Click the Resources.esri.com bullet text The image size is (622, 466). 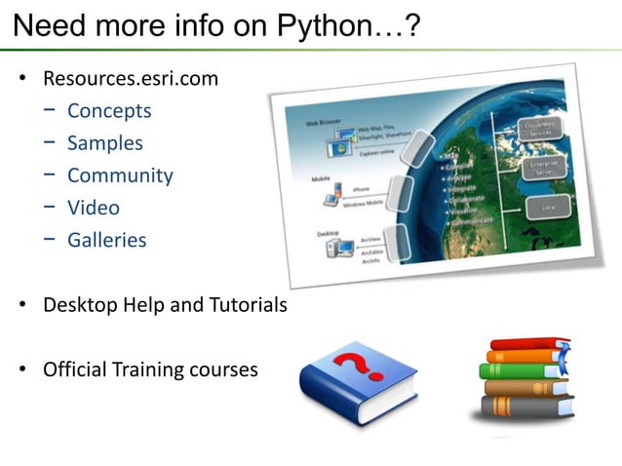130,78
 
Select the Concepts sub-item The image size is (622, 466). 109,110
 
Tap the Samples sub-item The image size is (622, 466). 104,142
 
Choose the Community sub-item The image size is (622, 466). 120,175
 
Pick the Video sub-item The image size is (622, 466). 94,208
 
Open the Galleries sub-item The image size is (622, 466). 106,240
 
